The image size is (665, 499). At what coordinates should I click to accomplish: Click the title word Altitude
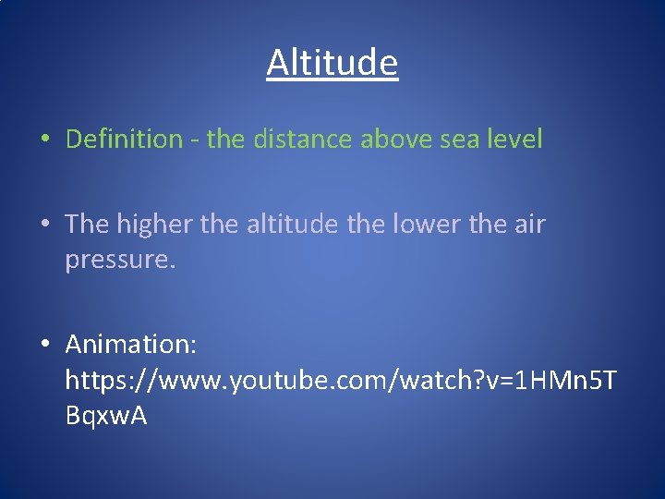[332, 63]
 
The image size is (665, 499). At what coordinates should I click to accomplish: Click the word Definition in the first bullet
[125, 140]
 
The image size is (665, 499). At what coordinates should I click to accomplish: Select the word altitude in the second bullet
[289, 225]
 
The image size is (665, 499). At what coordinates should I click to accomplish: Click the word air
[529, 225]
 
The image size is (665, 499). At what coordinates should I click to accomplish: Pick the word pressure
[119, 261]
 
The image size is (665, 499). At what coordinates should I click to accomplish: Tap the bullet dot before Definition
[43, 140]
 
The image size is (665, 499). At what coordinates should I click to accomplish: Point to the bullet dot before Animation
[43, 346]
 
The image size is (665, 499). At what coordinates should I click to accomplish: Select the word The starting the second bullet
[87, 225]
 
